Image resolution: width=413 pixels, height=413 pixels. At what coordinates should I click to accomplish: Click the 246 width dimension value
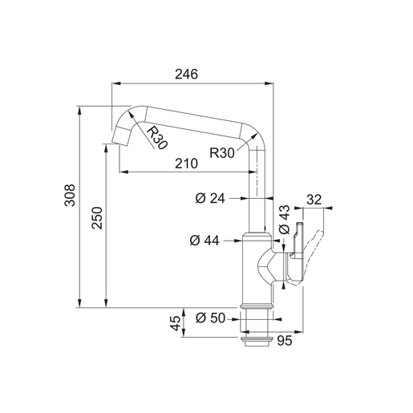coord(186,75)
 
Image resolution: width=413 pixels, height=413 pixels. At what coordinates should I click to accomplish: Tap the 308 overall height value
coord(70,195)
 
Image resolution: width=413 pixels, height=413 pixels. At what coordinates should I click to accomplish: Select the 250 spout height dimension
coord(97,217)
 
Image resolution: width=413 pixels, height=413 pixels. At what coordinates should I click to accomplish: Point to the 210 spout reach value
coord(186,164)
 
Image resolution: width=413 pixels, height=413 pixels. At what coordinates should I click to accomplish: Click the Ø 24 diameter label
coord(210,198)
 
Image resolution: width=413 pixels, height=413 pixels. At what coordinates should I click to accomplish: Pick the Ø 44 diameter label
coord(204,241)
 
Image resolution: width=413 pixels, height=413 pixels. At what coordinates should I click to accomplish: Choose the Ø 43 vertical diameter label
coord(284,220)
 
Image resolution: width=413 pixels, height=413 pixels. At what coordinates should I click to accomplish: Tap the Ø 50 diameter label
coord(210,318)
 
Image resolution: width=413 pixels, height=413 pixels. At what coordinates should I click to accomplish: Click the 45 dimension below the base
coord(176,323)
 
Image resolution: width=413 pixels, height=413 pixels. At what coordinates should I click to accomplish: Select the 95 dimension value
coord(285,341)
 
